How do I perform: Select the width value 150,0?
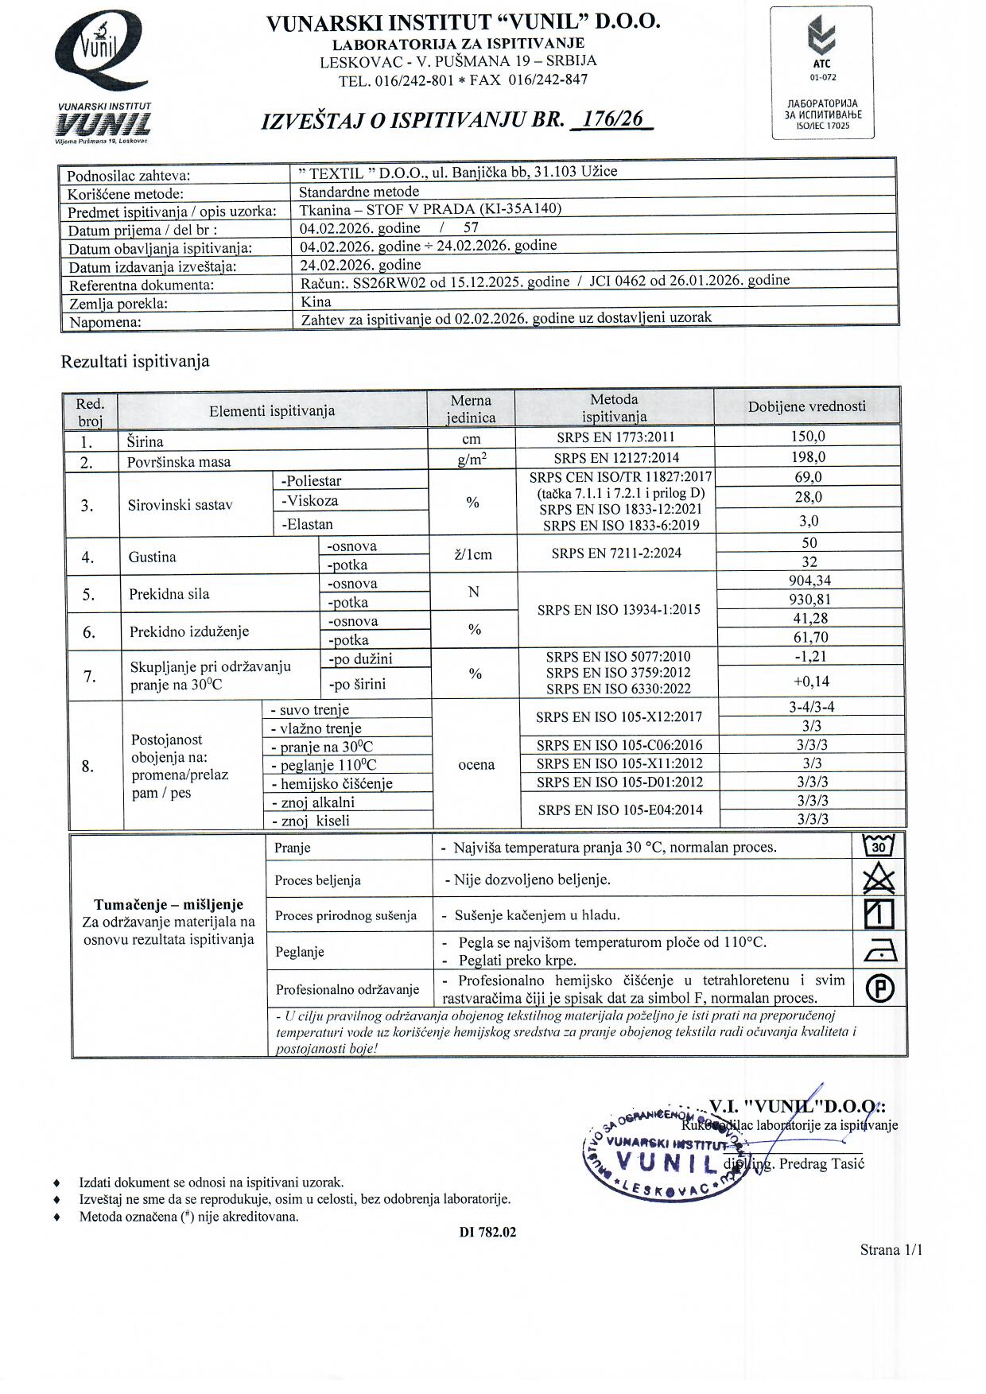click(x=809, y=437)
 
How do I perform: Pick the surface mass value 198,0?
click(x=809, y=457)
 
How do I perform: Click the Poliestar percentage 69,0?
click(x=809, y=477)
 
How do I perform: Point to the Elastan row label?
click(x=307, y=524)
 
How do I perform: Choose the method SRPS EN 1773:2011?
click(x=615, y=437)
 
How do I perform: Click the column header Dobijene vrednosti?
click(x=806, y=406)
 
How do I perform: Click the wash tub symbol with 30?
click(x=879, y=846)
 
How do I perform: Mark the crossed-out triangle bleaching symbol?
click(x=879, y=880)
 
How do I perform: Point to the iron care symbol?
click(x=879, y=950)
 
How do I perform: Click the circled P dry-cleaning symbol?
click(x=879, y=988)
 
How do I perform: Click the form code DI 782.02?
click(x=487, y=1233)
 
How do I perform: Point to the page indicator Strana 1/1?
click(x=891, y=1250)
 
